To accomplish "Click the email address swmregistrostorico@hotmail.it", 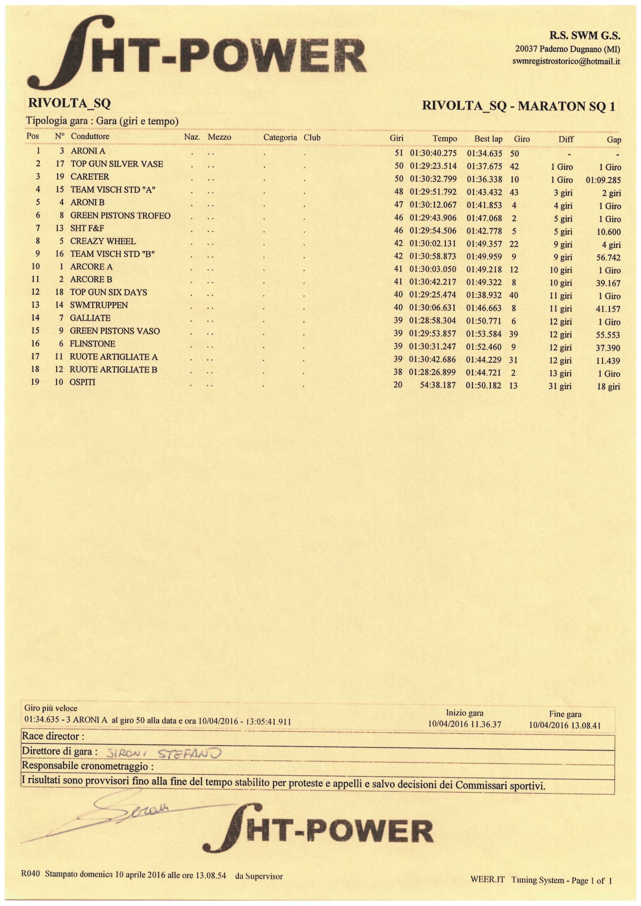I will (x=565, y=62).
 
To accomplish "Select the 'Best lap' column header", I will (x=488, y=139).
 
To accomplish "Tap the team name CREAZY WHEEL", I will (x=103, y=241).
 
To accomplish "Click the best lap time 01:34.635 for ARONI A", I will (x=484, y=153).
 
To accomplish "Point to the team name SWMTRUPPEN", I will (x=99, y=305).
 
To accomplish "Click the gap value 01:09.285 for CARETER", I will (x=603, y=181).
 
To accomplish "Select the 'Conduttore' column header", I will (x=90, y=136).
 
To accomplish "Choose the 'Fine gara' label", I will (x=565, y=714).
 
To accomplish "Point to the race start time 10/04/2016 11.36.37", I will (x=465, y=724).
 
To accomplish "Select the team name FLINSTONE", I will (x=92, y=344).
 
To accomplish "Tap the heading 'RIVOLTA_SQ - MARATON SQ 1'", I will (x=518, y=106).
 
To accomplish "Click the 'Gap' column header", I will (x=614, y=140).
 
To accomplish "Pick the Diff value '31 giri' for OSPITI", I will (x=560, y=386).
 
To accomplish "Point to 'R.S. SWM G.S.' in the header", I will (x=585, y=36).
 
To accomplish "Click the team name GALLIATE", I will (x=90, y=318).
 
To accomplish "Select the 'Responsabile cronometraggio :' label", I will (x=87, y=766).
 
